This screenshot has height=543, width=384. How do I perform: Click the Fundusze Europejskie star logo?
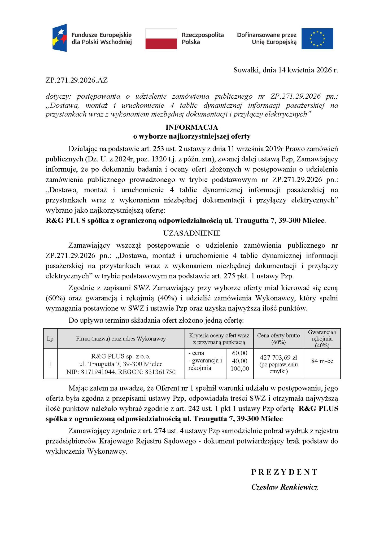pyautogui.click(x=60, y=38)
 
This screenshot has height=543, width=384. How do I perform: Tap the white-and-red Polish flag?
pyautogui.click(x=161, y=39)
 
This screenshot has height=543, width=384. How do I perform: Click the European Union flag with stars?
pyautogui.click(x=317, y=39)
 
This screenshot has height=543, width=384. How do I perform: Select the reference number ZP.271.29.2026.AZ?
pyautogui.click(x=77, y=80)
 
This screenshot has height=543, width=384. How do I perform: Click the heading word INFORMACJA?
pyautogui.click(x=192, y=127)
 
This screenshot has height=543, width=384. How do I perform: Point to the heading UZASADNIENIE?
pyautogui.click(x=192, y=233)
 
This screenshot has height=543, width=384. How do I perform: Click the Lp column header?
pyautogui.click(x=50, y=339)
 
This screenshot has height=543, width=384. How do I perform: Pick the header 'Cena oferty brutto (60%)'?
pyautogui.click(x=278, y=339)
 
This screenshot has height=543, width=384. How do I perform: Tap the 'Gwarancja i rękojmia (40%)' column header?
pyautogui.click(x=322, y=339)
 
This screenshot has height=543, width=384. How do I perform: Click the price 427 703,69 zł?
pyautogui.click(x=278, y=358)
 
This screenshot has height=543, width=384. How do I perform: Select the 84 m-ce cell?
pyautogui.click(x=322, y=361)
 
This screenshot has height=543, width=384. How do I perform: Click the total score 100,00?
pyautogui.click(x=240, y=369)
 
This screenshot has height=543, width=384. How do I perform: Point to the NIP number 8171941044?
pyautogui.click(x=98, y=372)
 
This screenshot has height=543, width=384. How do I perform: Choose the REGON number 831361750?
pyautogui.click(x=160, y=372)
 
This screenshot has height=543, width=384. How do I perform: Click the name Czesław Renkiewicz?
pyautogui.click(x=284, y=487)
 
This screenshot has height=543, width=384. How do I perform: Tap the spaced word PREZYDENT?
pyautogui.click(x=284, y=472)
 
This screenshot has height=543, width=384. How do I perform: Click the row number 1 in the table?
pyautogui.click(x=50, y=364)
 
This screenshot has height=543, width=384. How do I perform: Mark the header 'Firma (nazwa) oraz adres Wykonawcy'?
pyautogui.click(x=121, y=339)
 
